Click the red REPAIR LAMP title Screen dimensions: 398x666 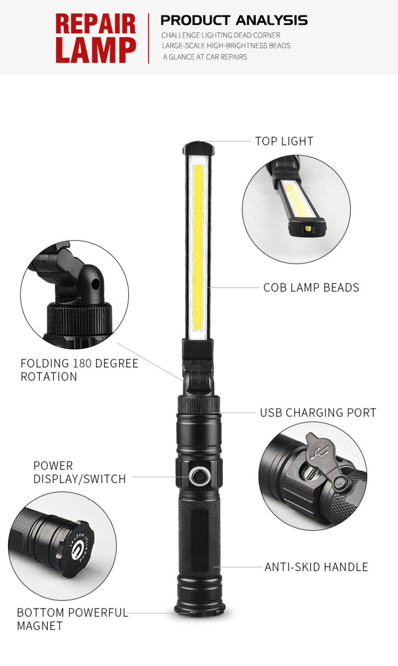pos(96,38)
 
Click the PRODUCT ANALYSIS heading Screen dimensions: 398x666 pos(234,20)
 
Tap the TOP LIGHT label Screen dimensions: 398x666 pos(284,141)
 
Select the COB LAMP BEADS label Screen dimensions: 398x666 pos(311,287)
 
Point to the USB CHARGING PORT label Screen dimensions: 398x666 pos(318,413)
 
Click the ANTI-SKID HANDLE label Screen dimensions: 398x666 pos(316,567)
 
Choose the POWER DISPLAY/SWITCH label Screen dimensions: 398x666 pos(80,472)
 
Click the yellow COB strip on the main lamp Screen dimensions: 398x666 pos(198,247)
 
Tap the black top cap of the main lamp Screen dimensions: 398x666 pos(199,147)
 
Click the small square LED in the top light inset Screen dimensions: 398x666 pos(308,229)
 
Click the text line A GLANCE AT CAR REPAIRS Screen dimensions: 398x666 pos(205,57)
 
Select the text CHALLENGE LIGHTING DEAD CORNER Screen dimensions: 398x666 pos(220,35)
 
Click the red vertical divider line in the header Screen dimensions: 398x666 pos(149,38)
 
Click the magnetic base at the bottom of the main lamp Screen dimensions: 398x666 pos(199,609)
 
